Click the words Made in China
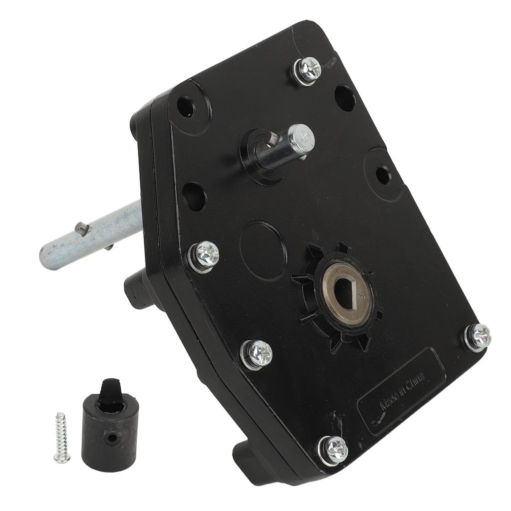point(402,390)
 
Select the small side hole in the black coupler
point(113,439)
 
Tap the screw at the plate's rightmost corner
point(478,337)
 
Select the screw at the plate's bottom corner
point(333,449)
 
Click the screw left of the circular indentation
point(204,256)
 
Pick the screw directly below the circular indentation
point(257,354)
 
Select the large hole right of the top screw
point(345,98)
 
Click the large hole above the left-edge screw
point(194,197)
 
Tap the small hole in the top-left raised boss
point(185,106)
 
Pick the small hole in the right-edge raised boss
point(383,175)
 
